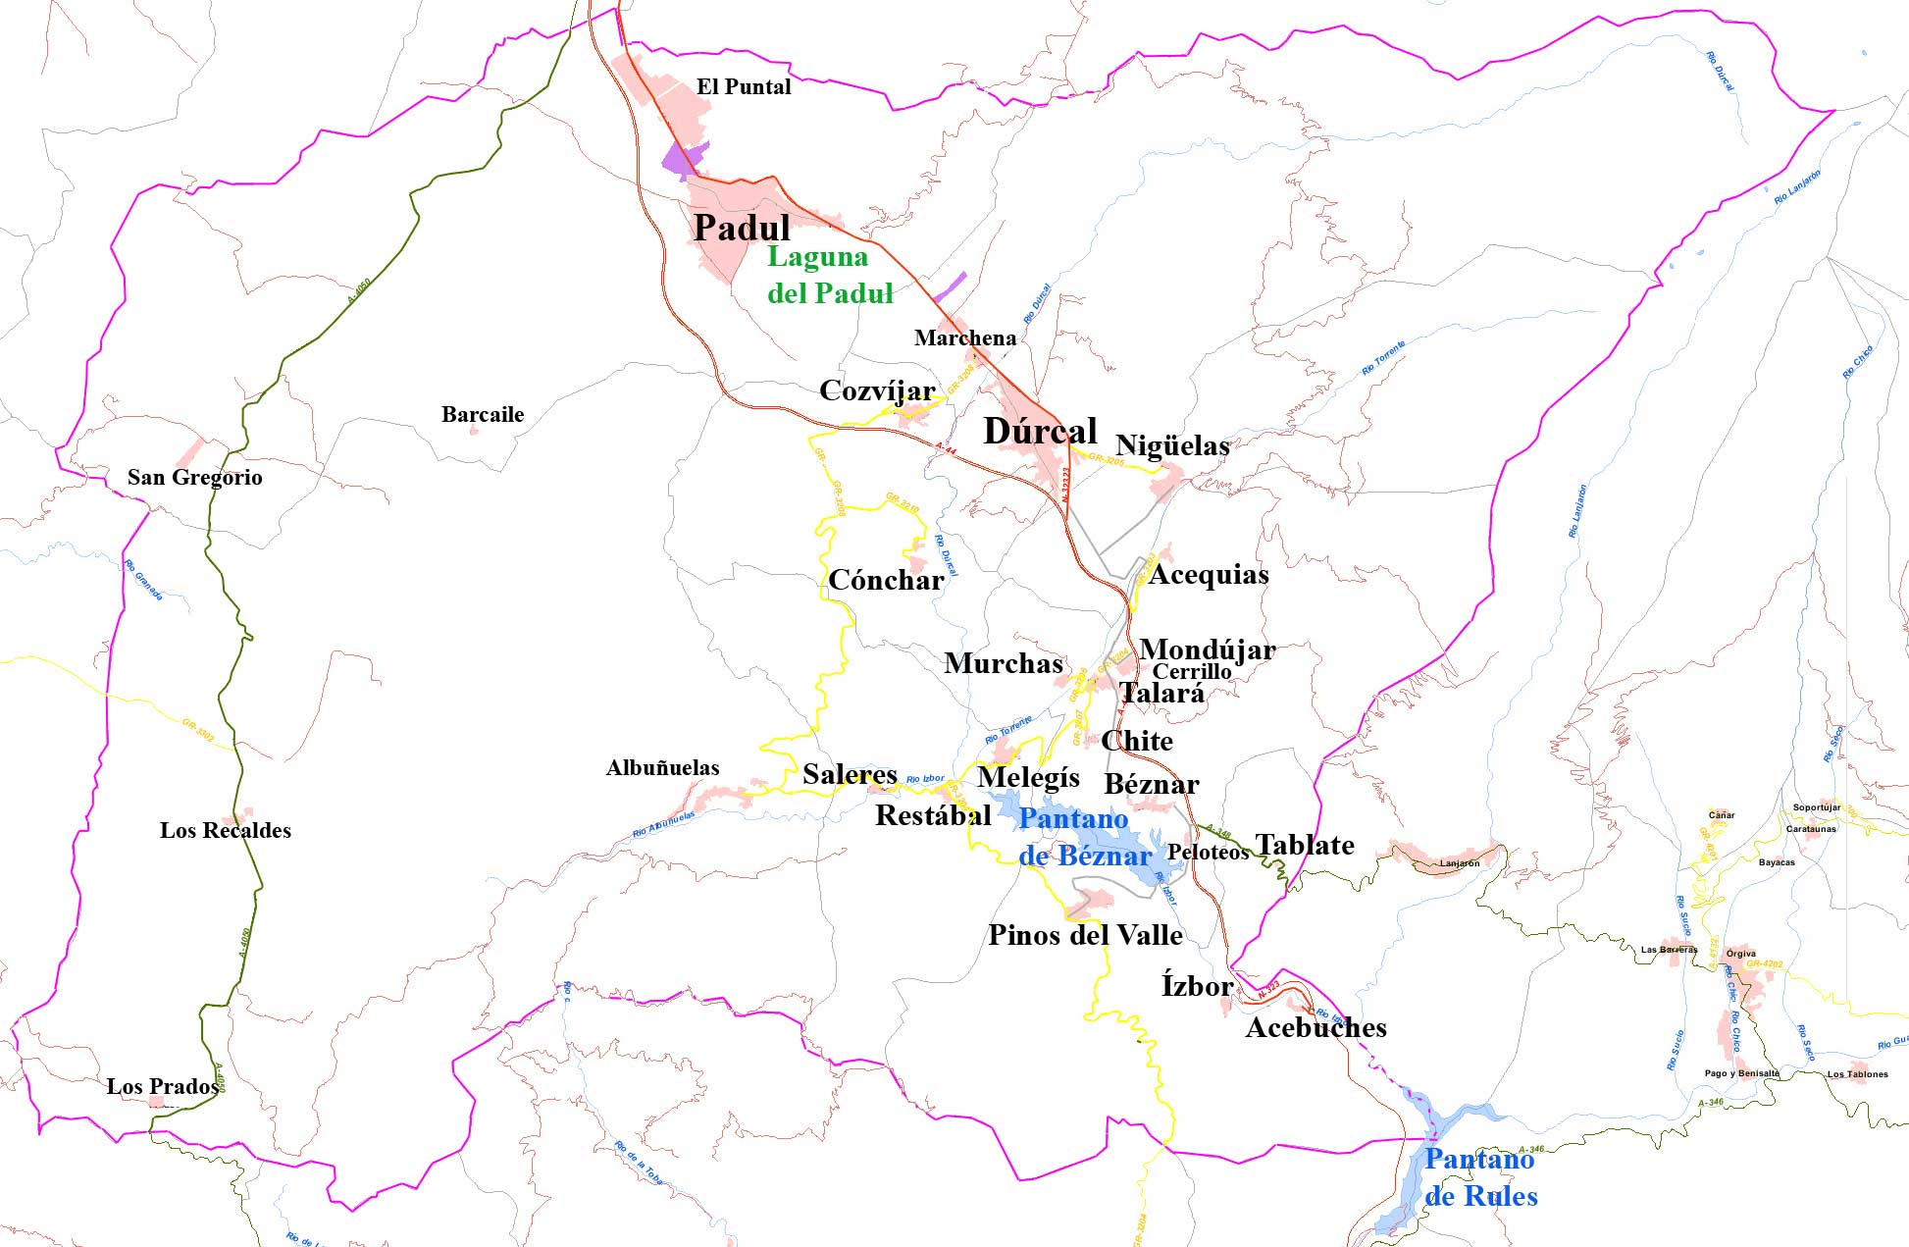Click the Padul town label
tap(742, 229)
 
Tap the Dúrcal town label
tap(1040, 432)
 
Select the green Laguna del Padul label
tap(829, 276)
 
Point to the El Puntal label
tap(744, 87)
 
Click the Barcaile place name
tap(483, 415)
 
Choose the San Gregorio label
tap(195, 478)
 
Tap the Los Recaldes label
tap(226, 831)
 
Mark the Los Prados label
tap(163, 1087)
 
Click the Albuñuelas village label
tap(662, 768)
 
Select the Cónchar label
tap(886, 581)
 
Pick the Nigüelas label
tap(1172, 446)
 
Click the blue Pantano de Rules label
tap(1480, 1178)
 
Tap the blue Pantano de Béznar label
tap(1079, 838)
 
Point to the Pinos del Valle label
tap(1085, 936)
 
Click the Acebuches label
tap(1316, 1028)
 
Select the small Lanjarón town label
tap(1460, 864)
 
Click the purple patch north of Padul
tap(684, 160)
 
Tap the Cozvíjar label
tap(877, 391)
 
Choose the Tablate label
tap(1305, 846)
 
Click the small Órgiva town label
tap(1741, 954)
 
